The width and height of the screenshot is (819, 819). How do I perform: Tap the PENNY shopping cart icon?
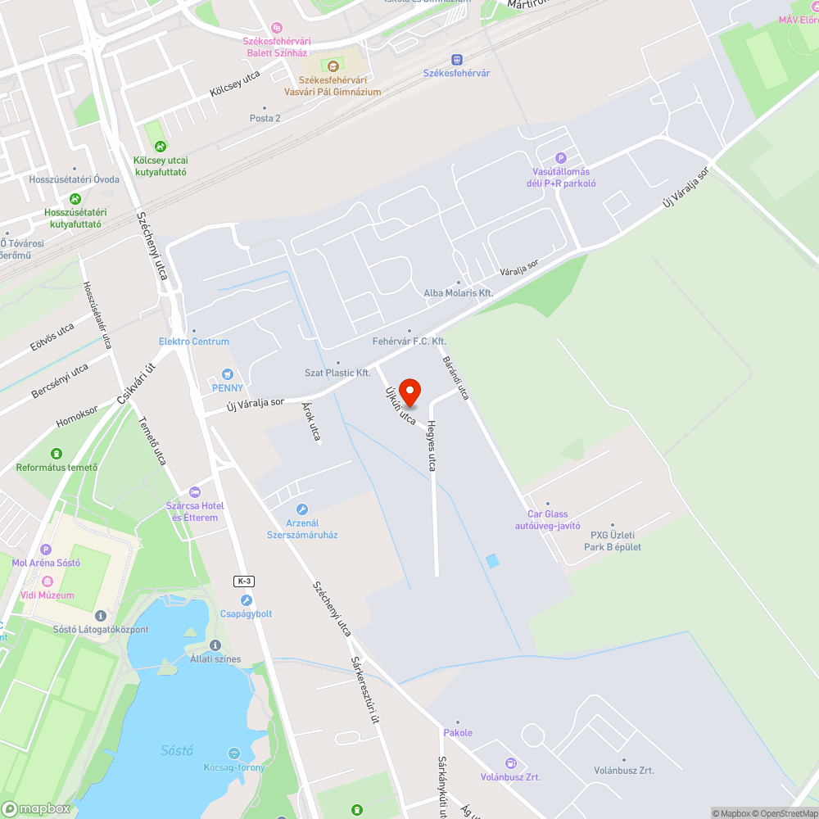[x=228, y=373]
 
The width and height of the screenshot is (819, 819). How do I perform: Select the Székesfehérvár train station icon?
[x=457, y=59]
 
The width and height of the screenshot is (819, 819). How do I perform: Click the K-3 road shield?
[x=244, y=581]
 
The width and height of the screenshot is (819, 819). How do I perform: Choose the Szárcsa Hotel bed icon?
[x=194, y=492]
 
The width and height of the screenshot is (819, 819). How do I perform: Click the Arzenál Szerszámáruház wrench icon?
[x=302, y=509]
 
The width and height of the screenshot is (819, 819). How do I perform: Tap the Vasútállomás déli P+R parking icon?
[x=561, y=158]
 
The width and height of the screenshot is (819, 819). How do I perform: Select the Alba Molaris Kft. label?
[x=459, y=292]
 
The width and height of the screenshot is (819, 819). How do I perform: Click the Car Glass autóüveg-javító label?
[x=548, y=520]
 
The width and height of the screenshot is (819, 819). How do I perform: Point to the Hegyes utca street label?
[x=430, y=446]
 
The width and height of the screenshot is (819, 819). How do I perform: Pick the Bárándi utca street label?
[x=455, y=378]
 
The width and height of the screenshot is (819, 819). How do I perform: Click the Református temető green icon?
[x=57, y=453]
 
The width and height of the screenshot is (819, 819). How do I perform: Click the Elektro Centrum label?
[x=194, y=342]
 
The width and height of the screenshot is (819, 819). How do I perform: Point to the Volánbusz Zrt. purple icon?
[x=511, y=763]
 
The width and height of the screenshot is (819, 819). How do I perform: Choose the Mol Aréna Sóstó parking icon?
[x=45, y=550]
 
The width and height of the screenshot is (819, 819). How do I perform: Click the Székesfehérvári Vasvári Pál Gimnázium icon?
[x=333, y=66]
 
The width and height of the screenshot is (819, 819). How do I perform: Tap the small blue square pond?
[x=491, y=561]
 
